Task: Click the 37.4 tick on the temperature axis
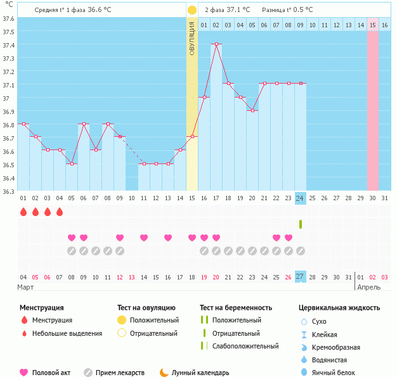pos(8,45)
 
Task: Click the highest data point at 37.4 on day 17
pos(216,44)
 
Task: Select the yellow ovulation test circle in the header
pos(192,10)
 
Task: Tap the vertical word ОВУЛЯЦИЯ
pos(192,38)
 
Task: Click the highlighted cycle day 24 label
pos(301,198)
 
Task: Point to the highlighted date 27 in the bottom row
pos(301,277)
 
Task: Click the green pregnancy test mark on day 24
pos(301,224)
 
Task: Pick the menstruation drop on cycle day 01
pos(23,212)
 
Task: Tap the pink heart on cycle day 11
pos(144,238)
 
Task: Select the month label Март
pos(26,288)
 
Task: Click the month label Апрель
pos(369,288)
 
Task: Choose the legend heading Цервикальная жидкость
pos(339,308)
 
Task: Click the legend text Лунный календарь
pos(201,373)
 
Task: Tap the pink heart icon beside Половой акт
pos(24,373)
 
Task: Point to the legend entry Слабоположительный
pos(246,346)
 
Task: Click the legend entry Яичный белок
pos(337,373)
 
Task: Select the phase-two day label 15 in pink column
pos(373,25)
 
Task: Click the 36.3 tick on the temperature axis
pos(8,191)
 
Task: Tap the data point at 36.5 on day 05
pos(72,164)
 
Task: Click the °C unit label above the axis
pos(8,5)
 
